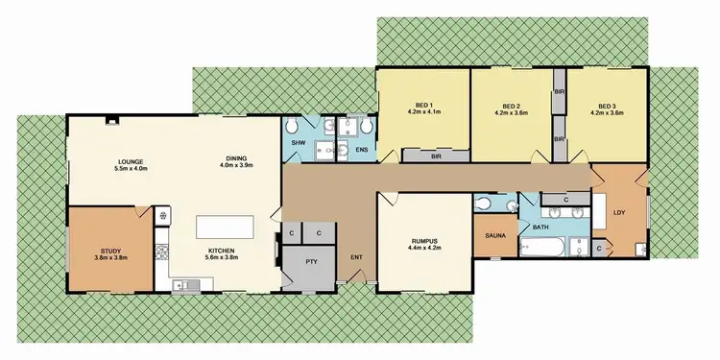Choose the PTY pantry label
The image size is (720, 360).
pyautogui.click(x=311, y=261)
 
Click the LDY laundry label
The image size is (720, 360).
pyautogui.click(x=620, y=212)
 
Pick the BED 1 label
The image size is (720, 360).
pyautogui.click(x=422, y=106)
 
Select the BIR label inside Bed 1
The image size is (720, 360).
pyautogui.click(x=436, y=154)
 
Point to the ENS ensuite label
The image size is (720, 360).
pyautogui.click(x=361, y=150)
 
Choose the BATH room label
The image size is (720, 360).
pyautogui.click(x=541, y=227)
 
